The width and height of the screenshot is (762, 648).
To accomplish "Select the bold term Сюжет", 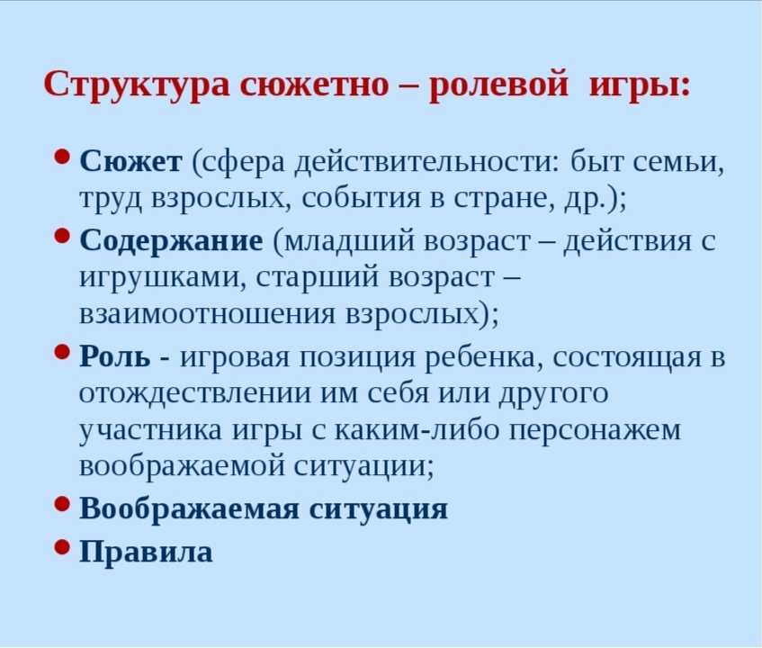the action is (x=130, y=161).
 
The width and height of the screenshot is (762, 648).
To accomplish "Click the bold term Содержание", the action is (x=171, y=240).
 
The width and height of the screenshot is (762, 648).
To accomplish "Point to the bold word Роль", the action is (x=115, y=356).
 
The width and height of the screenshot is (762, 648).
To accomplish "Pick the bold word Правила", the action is (x=146, y=552).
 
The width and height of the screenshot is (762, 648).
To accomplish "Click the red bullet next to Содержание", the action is (x=63, y=236).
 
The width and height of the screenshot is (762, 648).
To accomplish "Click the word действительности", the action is (x=427, y=162).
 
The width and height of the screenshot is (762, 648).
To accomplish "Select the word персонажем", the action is (x=595, y=431).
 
